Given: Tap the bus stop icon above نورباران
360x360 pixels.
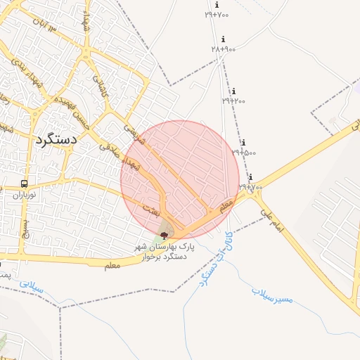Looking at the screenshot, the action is pyautogui.click(x=25, y=184).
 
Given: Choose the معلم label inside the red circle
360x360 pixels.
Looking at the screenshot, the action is pyautogui.click(x=225, y=207).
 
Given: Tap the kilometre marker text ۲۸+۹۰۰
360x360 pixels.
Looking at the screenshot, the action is pyautogui.click(x=223, y=49).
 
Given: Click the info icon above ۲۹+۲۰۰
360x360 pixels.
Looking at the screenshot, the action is pyautogui.click(x=233, y=91).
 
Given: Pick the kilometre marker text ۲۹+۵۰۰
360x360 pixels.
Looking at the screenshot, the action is pyautogui.click(x=243, y=152).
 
